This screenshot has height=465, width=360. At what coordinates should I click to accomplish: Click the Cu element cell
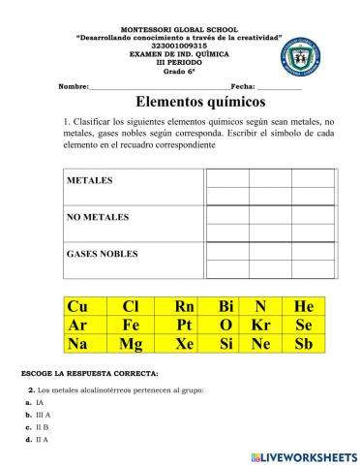click(76, 307)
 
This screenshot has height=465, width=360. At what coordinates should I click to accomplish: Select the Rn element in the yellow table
click(185, 307)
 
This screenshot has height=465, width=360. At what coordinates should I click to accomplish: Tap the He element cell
click(304, 307)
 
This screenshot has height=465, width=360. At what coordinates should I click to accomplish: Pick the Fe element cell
click(132, 325)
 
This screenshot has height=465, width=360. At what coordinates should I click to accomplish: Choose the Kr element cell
click(260, 325)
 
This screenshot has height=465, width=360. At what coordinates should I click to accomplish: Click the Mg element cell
click(132, 344)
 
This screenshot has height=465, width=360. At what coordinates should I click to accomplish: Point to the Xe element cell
click(185, 344)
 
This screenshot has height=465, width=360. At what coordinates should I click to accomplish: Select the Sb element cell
click(304, 344)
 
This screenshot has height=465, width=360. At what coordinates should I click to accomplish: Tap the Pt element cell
click(185, 325)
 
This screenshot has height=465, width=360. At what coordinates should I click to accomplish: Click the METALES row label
click(90, 181)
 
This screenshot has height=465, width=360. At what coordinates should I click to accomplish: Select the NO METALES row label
click(98, 218)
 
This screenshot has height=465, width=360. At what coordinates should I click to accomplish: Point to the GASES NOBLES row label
click(102, 254)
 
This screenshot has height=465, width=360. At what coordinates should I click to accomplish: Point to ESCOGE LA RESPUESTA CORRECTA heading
click(88, 373)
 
